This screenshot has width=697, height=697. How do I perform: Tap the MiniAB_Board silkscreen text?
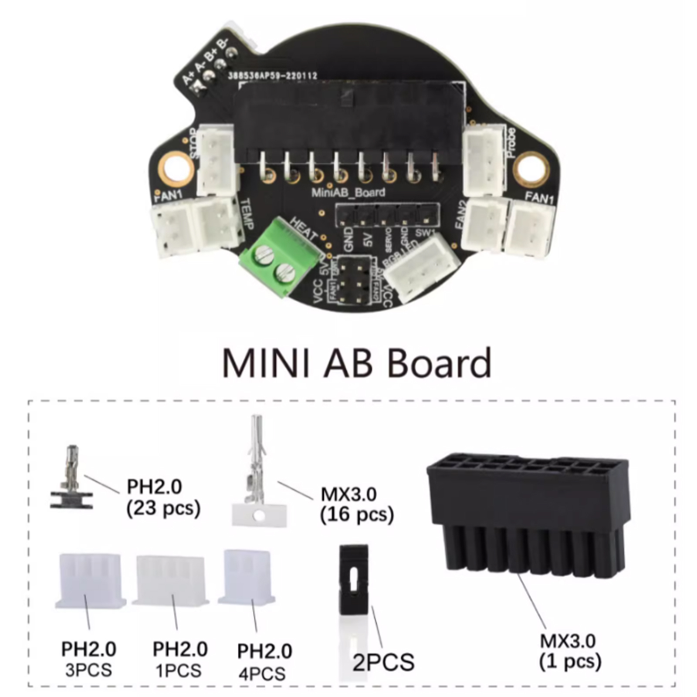pos(348,192)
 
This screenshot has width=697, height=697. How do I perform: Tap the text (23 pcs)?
pos(163,508)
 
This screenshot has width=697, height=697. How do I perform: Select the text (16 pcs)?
pos(357,515)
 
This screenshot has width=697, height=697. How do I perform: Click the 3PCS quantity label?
pos(88,670)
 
